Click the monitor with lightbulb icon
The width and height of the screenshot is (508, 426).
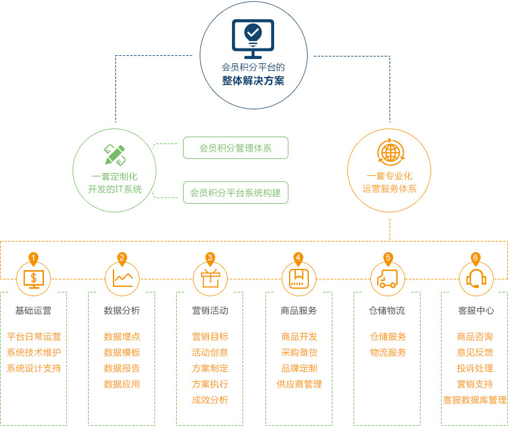[x=253, y=39]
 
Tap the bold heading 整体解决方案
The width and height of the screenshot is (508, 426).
[x=253, y=81]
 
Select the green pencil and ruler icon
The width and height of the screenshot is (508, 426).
[x=115, y=155]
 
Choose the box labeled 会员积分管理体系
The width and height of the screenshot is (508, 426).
[x=236, y=148]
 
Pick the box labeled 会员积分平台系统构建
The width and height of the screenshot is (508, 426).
[x=236, y=193]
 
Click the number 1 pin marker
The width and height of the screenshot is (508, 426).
[x=33, y=259]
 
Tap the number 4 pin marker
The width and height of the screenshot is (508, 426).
[x=298, y=259]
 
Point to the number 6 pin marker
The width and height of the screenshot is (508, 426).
[x=476, y=259]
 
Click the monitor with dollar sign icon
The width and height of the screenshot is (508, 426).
[x=33, y=279]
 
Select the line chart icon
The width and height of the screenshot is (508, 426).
[x=122, y=278]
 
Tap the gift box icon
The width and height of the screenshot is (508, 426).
[x=210, y=279]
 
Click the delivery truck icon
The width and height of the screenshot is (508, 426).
[x=387, y=279]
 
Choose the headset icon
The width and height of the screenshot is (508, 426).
[x=476, y=279]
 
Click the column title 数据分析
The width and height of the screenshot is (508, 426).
[x=122, y=310]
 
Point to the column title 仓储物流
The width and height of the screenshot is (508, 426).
[x=387, y=310]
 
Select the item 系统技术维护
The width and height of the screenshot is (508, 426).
[x=33, y=352]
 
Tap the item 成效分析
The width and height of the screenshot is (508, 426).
[x=210, y=400]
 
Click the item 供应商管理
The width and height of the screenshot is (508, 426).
[x=299, y=384]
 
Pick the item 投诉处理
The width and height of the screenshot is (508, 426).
[x=475, y=368]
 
